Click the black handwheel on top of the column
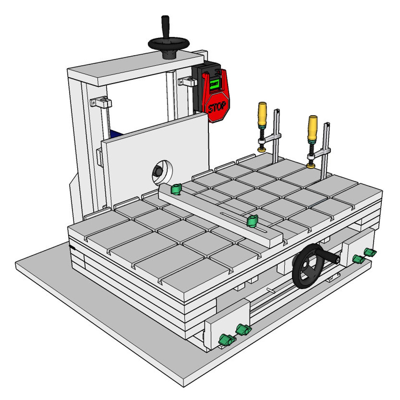coord(168,44)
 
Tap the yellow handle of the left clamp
coord(262,114)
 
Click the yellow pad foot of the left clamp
coord(261,150)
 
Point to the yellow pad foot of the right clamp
coord(310,165)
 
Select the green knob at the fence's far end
coord(175,189)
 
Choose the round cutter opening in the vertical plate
coord(162,171)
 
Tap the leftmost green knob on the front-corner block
coord(226,340)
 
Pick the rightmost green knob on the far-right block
coord(370,252)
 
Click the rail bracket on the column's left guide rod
coord(101,103)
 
